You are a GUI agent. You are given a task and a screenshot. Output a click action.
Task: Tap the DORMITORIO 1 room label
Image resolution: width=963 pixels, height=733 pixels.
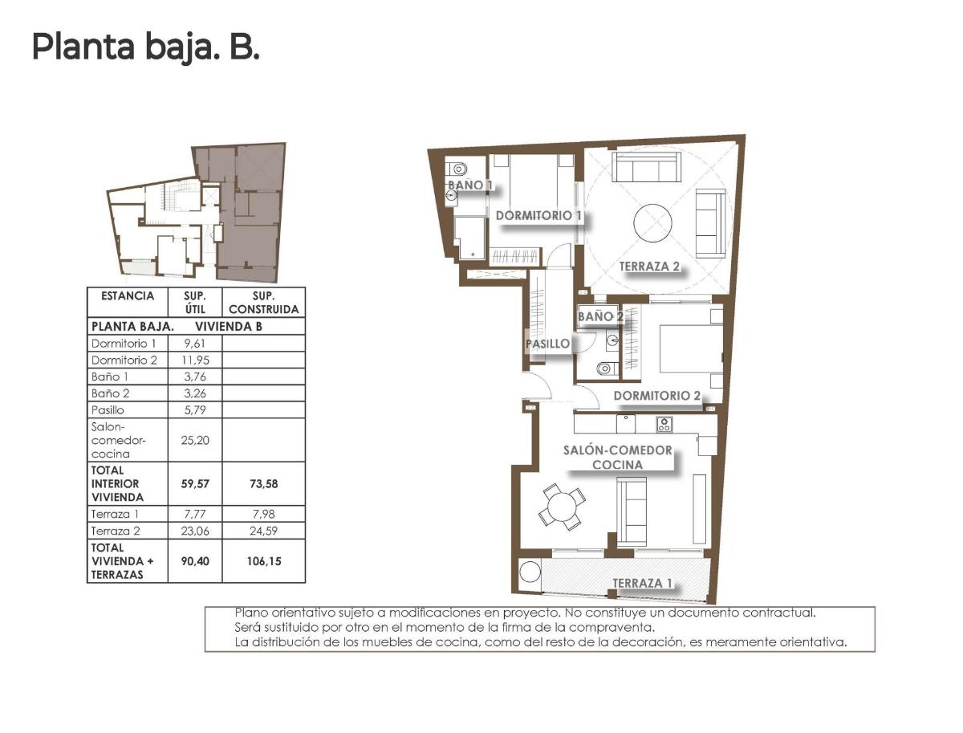[538, 215]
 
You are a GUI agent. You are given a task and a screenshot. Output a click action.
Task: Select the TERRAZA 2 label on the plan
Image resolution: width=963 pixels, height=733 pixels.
[650, 267]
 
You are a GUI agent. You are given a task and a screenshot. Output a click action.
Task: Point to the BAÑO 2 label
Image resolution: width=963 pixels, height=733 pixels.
[600, 316]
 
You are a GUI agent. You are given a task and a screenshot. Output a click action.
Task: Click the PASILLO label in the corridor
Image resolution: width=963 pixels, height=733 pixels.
[547, 344]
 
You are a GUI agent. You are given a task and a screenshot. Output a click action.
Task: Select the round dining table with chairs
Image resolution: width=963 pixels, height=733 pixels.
[563, 507]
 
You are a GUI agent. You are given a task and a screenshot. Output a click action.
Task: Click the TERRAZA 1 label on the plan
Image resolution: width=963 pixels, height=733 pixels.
[642, 583]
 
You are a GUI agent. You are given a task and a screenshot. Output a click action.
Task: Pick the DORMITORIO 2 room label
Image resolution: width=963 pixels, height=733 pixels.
[657, 395]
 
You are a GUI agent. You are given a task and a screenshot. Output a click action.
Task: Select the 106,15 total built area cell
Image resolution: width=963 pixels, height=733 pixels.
[263, 562]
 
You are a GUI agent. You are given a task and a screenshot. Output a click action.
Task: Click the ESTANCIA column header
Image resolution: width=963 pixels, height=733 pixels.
[128, 295]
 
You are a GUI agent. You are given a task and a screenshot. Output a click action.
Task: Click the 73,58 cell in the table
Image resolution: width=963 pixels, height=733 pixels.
[263, 484]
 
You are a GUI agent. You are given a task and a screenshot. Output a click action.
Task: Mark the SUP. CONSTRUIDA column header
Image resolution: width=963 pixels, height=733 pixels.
[263, 302]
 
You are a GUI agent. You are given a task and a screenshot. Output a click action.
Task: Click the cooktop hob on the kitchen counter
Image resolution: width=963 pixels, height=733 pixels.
[664, 423]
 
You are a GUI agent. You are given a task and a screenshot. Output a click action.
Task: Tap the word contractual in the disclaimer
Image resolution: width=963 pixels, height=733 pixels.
[776, 612]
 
